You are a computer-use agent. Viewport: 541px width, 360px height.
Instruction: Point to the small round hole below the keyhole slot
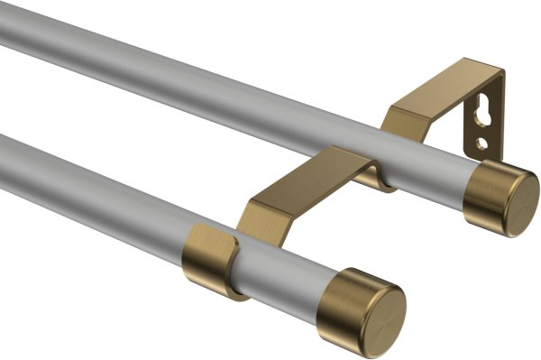click(483, 143)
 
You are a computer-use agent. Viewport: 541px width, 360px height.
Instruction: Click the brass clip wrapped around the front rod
click(212, 257)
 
